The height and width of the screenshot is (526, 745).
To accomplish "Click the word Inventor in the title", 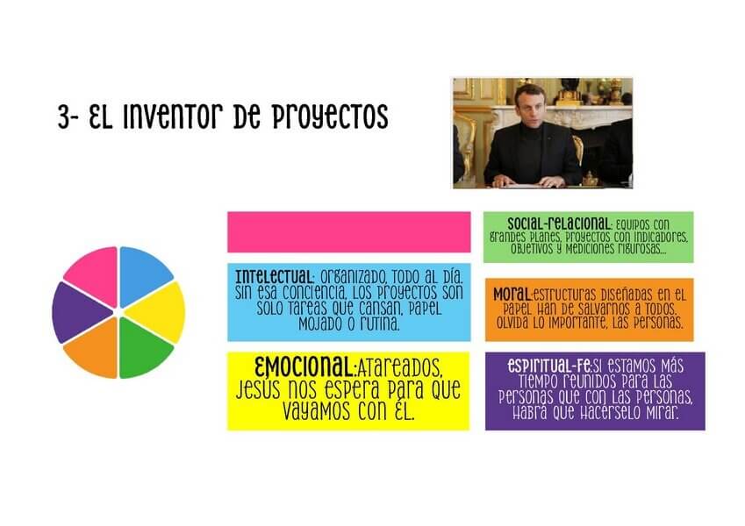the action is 173,117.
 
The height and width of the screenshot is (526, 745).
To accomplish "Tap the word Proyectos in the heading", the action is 330,117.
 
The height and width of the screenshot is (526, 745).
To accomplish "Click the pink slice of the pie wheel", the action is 93,274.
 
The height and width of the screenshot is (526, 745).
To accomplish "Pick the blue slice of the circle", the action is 144,274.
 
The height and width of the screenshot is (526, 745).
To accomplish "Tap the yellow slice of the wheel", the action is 158,312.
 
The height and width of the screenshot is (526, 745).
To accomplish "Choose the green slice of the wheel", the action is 144,350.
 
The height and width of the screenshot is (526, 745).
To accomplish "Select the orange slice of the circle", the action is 93,350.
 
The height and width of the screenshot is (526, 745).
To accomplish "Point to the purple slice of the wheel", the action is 79,312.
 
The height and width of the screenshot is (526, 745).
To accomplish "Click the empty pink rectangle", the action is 348,232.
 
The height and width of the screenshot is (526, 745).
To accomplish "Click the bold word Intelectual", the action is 274,277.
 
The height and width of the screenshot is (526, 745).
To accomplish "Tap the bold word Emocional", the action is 304,366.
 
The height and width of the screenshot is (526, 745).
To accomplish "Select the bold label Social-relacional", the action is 559,224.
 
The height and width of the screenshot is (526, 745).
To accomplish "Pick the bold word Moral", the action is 512,294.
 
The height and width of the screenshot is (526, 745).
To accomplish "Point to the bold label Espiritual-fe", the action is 549,366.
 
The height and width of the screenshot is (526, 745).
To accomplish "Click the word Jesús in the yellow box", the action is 260,389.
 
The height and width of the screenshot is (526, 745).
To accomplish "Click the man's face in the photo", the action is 529,104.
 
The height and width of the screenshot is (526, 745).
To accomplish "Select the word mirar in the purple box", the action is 662,413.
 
